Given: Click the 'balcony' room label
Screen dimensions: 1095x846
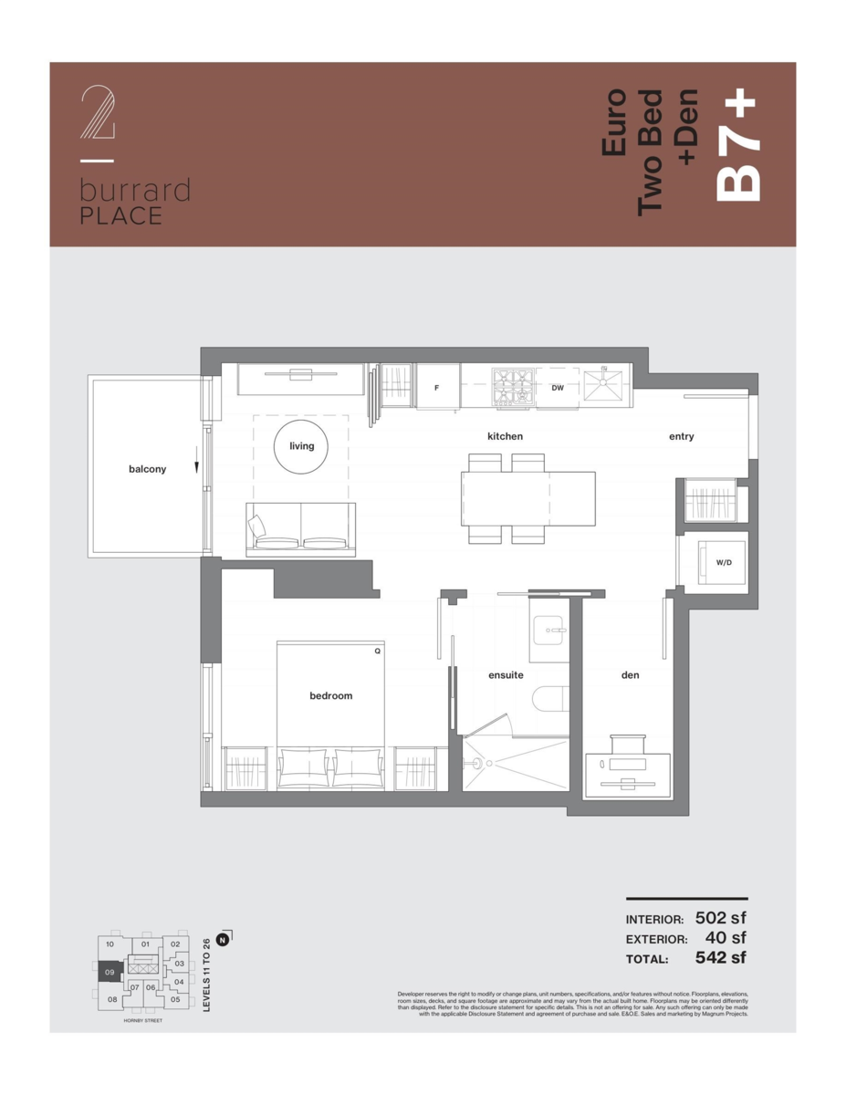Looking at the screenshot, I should (x=147, y=469).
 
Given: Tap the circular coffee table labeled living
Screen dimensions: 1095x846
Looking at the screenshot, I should (x=301, y=446).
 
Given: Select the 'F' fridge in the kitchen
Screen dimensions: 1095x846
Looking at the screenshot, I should (x=437, y=387).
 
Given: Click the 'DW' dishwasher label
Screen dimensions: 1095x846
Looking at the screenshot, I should (x=558, y=387).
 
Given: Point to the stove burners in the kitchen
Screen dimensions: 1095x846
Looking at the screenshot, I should (x=514, y=386).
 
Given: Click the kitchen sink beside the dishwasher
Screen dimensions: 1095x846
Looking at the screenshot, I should (x=603, y=386).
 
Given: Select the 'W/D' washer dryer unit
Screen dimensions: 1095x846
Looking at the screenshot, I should (x=723, y=562).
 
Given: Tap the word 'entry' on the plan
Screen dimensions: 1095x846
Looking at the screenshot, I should (x=681, y=436).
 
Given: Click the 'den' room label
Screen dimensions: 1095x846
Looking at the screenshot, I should (x=630, y=675).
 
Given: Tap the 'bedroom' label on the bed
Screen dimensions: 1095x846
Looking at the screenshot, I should (x=330, y=695).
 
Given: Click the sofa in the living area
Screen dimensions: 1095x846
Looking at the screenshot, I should (x=301, y=530).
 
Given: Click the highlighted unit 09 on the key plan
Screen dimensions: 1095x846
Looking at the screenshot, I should (x=109, y=973).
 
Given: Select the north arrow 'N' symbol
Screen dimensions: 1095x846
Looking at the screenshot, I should (x=225, y=936).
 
